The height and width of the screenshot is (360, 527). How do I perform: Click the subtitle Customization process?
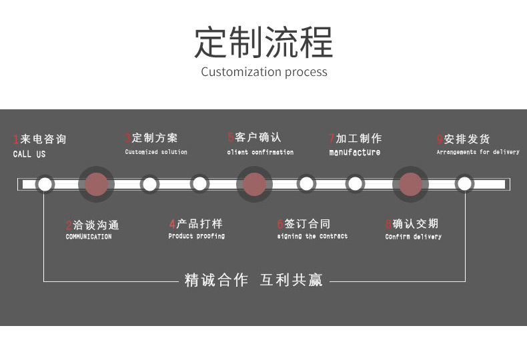264,72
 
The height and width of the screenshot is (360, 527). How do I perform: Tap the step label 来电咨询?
43,139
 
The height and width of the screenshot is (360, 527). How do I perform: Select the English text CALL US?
29,155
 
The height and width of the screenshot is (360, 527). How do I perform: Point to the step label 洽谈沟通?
96,225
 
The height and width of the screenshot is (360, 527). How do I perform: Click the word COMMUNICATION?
89,237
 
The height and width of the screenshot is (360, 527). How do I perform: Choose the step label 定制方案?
155,138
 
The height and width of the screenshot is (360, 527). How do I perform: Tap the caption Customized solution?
156,153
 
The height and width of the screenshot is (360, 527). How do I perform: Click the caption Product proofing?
196,237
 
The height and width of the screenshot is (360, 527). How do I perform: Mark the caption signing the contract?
312,237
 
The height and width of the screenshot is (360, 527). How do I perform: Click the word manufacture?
355,153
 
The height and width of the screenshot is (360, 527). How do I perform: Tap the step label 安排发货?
467,139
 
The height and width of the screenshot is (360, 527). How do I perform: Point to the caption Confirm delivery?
413,237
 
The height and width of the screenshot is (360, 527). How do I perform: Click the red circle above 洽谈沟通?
97,184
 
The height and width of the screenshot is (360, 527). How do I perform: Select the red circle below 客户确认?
254,184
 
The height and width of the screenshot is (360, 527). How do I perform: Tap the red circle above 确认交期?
410,184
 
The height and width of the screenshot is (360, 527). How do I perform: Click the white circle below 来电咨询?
45,184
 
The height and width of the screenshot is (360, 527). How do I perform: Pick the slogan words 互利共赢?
291,281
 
